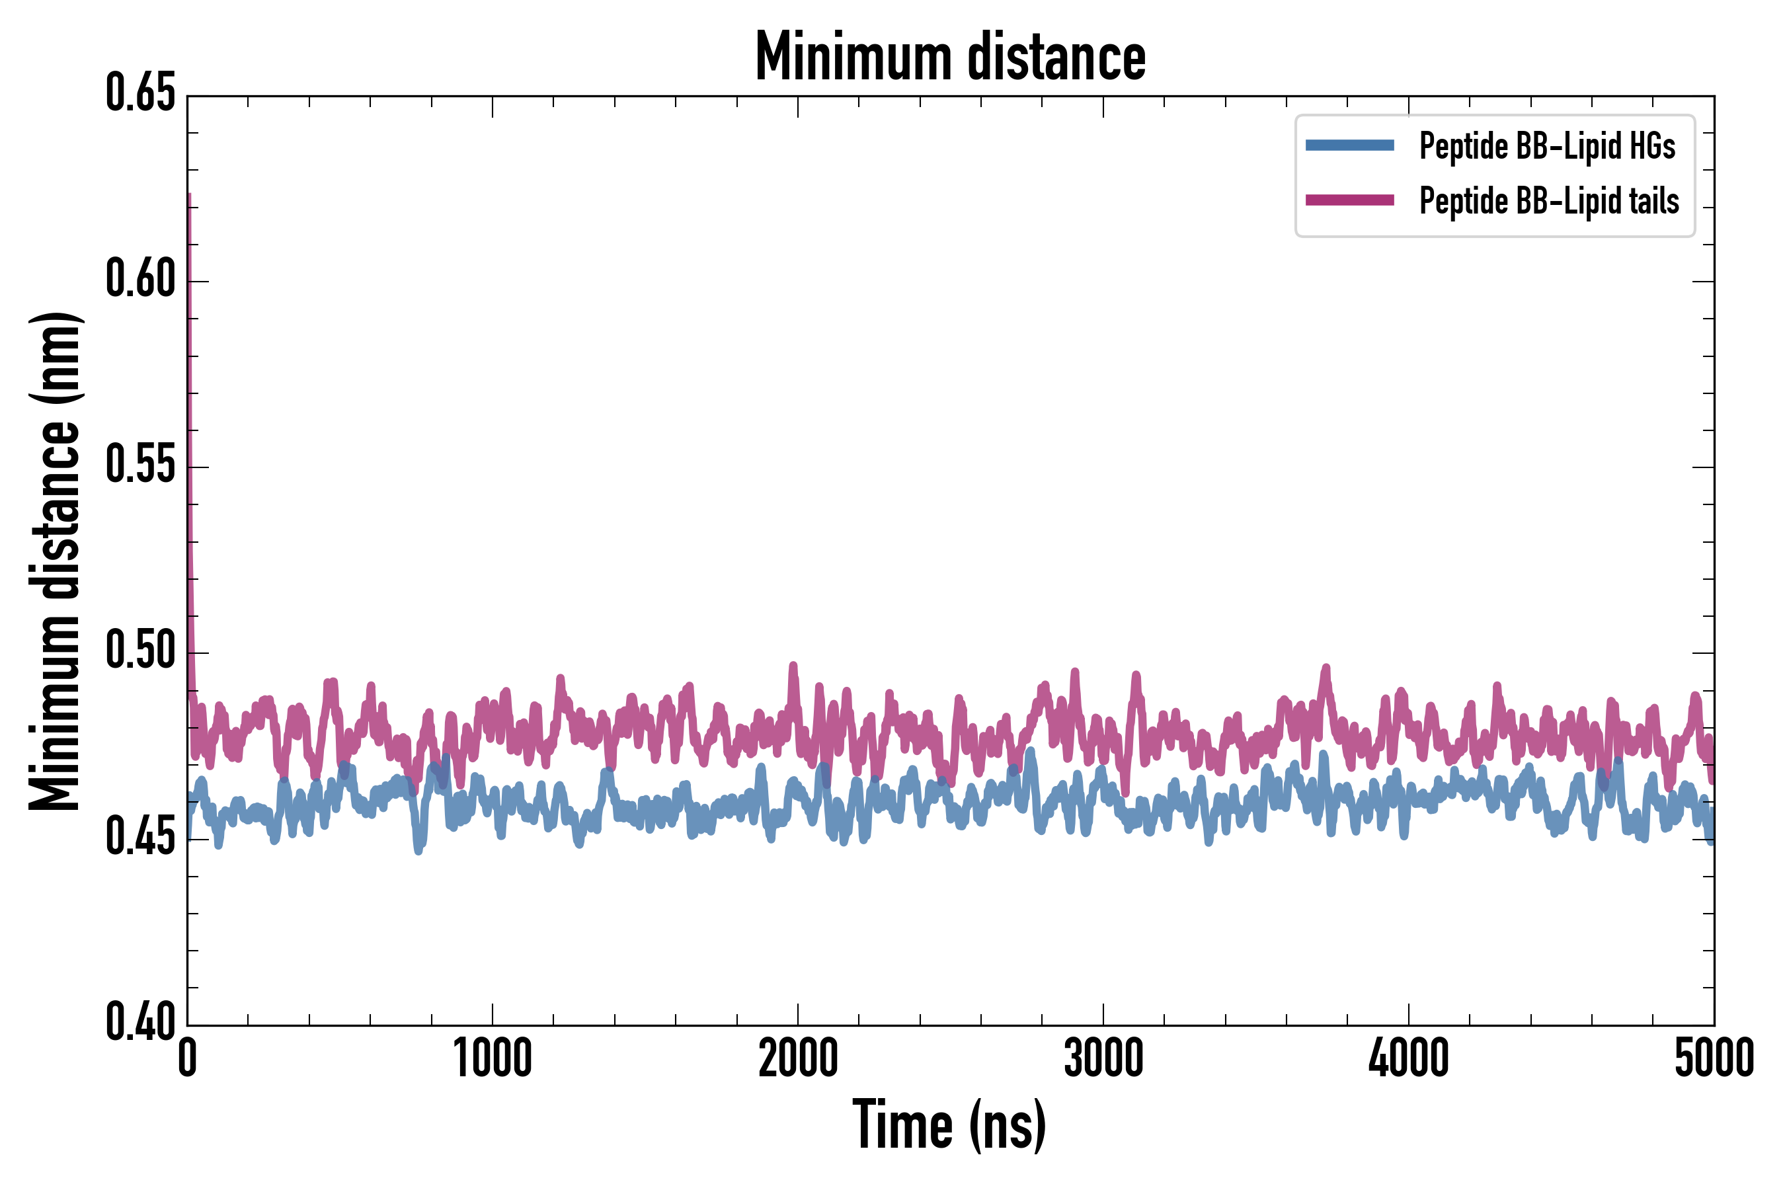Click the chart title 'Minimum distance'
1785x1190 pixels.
(x=950, y=57)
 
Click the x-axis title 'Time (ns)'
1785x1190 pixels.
(x=949, y=1125)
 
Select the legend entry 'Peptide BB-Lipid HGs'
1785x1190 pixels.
(x=1547, y=145)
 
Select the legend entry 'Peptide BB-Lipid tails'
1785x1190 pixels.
(x=1548, y=201)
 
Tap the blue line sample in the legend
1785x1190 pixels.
(x=1349, y=145)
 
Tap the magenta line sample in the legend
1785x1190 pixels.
(x=1349, y=200)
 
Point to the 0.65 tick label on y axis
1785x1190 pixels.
(x=140, y=94)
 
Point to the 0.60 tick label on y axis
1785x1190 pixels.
(x=140, y=280)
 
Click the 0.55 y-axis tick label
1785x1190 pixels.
(x=140, y=466)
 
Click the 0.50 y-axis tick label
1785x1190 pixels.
(x=140, y=652)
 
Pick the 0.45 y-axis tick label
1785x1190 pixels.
(x=140, y=838)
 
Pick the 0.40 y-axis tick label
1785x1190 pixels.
(x=140, y=1023)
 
